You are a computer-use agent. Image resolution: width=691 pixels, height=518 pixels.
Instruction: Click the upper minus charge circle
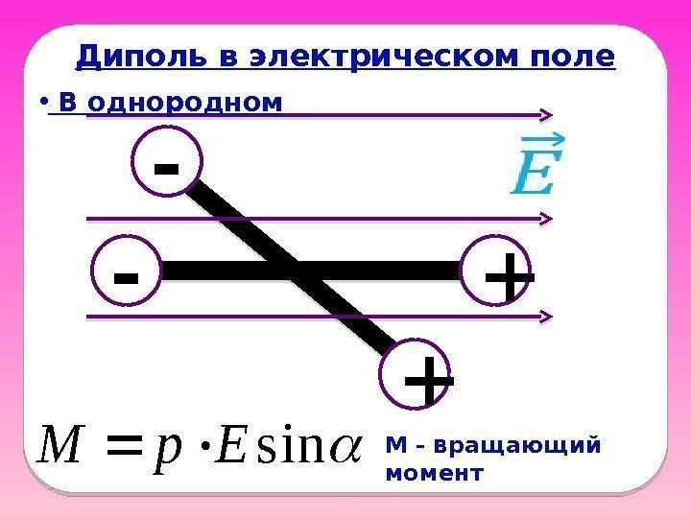168,166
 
